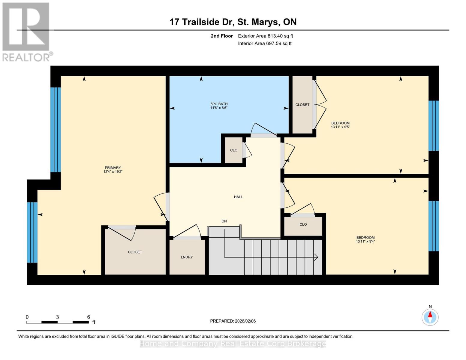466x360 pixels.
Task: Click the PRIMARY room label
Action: pos(113,168)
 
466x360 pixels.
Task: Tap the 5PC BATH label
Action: pos(219,104)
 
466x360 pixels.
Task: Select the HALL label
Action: pos(238,197)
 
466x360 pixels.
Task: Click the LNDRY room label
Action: pos(187,257)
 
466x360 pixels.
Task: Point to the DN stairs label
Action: pos(224,221)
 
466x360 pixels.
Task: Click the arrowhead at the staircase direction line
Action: pos(316,257)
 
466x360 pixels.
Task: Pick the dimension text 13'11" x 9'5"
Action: pos(340,127)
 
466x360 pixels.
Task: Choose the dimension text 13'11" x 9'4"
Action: pos(365,241)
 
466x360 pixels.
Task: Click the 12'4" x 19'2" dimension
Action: pos(113,172)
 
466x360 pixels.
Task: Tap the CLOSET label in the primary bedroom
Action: pos(135,252)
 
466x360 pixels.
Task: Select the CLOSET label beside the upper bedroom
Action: pos(302,105)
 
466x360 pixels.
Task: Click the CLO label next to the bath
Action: pos(234,150)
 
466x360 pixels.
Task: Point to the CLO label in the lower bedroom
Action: pos(303,224)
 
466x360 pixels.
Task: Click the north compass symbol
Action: pos(430,317)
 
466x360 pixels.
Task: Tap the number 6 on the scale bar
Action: pos(89,317)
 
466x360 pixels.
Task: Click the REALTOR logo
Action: pos(26,31)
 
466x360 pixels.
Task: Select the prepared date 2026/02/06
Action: pos(233,321)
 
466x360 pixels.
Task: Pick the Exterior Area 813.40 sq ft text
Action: pos(265,36)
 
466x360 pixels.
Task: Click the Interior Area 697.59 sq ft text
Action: pos(265,43)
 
